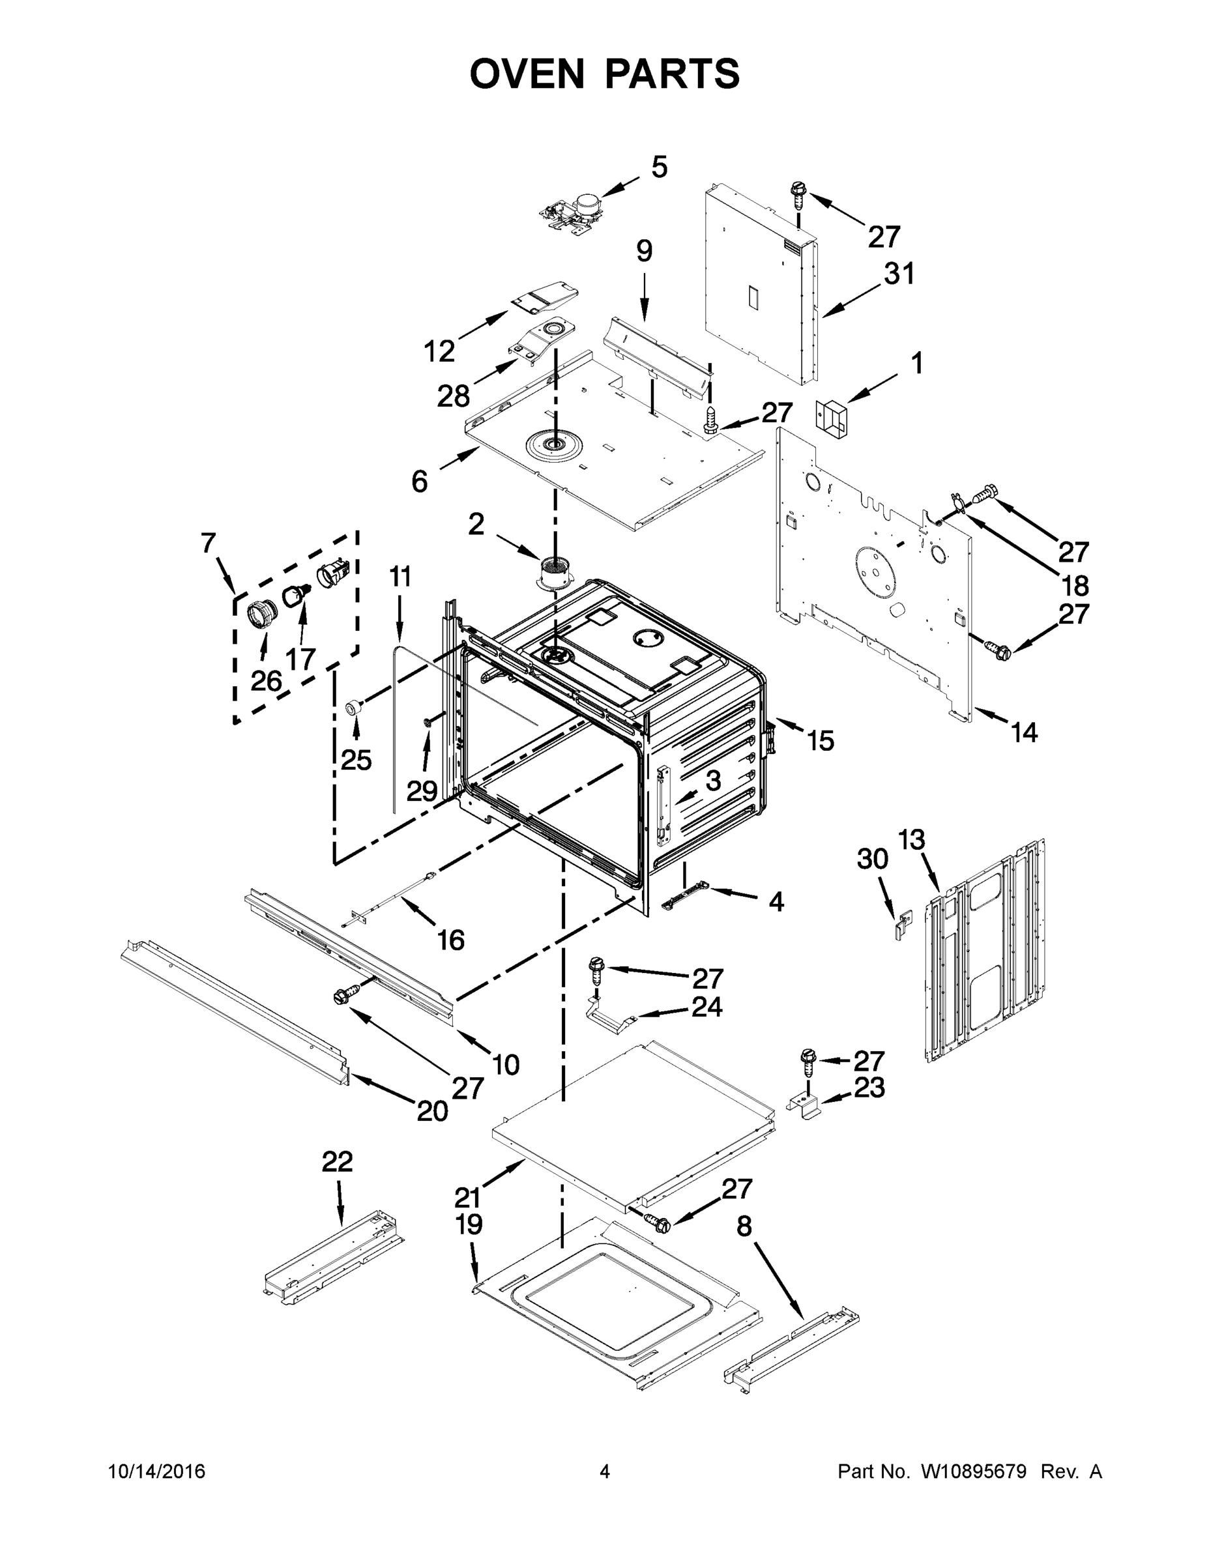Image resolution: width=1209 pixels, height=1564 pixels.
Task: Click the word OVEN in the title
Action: coord(527,74)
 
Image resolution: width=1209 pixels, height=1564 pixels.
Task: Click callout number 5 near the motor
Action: coord(659,167)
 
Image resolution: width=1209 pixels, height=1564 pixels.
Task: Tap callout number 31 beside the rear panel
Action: coord(899,274)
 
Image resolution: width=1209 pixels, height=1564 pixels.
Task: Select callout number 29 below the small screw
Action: coord(421,790)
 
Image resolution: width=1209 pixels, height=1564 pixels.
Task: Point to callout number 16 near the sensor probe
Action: coord(450,940)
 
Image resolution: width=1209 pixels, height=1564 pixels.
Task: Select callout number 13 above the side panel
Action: coord(912,839)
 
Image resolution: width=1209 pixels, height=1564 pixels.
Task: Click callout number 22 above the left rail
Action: coord(338,1161)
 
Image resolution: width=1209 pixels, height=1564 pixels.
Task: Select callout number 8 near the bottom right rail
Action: coord(744,1226)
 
